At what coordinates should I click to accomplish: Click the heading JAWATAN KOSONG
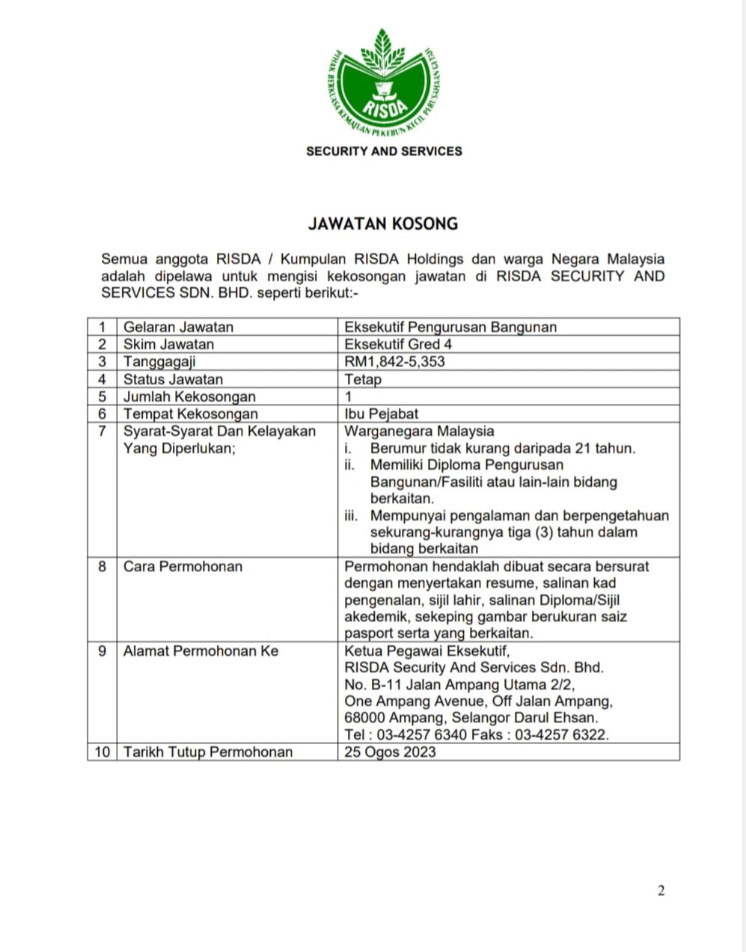point(383,224)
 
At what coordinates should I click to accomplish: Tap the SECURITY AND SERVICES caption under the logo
point(384,151)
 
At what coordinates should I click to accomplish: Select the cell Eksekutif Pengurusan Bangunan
point(450,327)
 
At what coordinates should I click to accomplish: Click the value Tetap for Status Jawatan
point(363,379)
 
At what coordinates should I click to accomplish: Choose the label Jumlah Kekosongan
point(189,396)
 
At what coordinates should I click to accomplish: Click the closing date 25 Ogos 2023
point(390,752)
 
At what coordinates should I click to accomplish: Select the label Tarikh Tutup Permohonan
point(208,752)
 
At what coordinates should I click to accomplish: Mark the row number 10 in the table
point(102,752)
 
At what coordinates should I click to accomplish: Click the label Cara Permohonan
point(183,566)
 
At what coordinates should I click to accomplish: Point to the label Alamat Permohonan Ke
point(201,651)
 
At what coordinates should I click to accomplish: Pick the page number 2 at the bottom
point(661,890)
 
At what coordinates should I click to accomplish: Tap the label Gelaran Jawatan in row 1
point(178,327)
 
